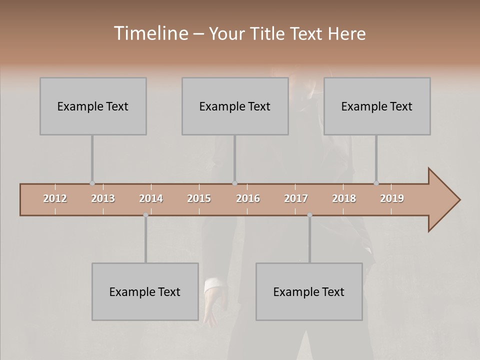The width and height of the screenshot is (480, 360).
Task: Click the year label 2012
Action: pyautogui.click(x=55, y=198)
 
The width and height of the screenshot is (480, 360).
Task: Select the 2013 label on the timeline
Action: pyautogui.click(x=103, y=198)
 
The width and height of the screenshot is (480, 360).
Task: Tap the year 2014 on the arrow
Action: pyautogui.click(x=151, y=198)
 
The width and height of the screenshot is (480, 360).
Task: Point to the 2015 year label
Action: pyautogui.click(x=199, y=198)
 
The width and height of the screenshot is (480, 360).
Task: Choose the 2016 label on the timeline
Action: pyautogui.click(x=248, y=198)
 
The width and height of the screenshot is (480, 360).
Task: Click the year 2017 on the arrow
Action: pyautogui.click(x=296, y=198)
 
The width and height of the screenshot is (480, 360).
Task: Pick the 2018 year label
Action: pyautogui.click(x=344, y=198)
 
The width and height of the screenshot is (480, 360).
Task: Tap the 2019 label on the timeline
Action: pyautogui.click(x=392, y=198)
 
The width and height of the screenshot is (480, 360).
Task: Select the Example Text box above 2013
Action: pyautogui.click(x=93, y=106)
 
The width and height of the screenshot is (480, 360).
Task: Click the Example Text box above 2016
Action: pyautogui.click(x=235, y=106)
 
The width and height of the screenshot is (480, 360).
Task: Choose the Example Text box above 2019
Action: pyautogui.click(x=377, y=106)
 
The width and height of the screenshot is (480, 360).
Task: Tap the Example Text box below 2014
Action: pyautogui.click(x=145, y=291)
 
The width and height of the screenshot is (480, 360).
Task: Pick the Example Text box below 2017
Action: pyautogui.click(x=309, y=291)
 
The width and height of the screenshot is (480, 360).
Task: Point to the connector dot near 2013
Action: pyautogui.click(x=92, y=183)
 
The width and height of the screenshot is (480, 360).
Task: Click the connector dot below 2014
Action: pyautogui.click(x=145, y=215)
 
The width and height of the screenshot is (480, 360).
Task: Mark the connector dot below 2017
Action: pyautogui.click(x=309, y=215)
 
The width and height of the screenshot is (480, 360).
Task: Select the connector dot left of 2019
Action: pyautogui.click(x=376, y=183)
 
